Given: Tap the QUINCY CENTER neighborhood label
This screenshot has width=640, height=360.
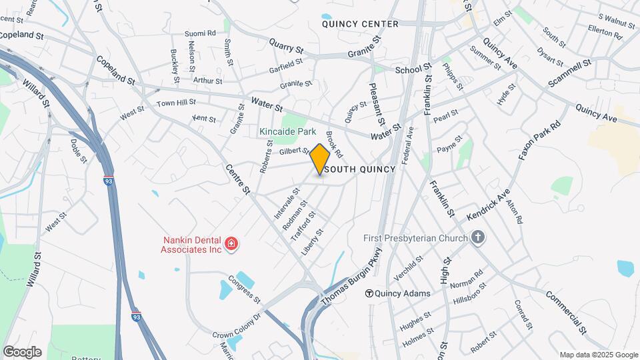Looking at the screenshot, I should (x=360, y=24).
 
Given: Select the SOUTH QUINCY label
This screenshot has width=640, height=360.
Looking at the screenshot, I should (x=361, y=169).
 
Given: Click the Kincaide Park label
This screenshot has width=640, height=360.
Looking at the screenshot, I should (x=287, y=132).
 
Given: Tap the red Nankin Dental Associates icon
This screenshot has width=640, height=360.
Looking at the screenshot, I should (x=231, y=245).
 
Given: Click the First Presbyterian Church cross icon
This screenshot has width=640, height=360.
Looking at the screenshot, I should (x=477, y=237).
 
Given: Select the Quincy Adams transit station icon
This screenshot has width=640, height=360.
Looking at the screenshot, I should (x=368, y=293).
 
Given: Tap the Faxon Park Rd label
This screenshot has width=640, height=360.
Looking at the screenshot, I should (x=540, y=141).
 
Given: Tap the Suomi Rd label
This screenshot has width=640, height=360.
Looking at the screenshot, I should (x=201, y=32).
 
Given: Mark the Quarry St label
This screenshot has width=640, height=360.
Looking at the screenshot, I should (x=286, y=45).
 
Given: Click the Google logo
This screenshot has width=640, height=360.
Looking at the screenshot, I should (x=22, y=352).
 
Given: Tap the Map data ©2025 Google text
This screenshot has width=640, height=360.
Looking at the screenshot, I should (x=598, y=355).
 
